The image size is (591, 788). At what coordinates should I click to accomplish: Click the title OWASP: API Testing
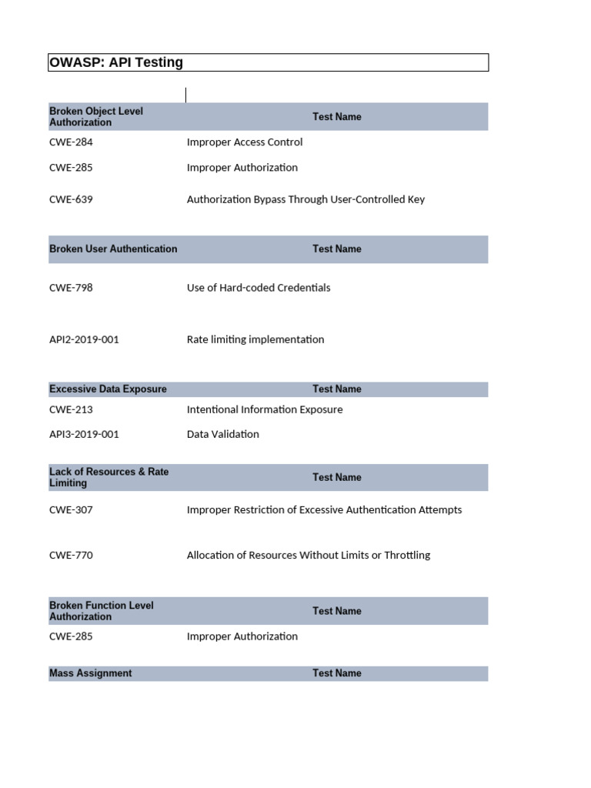pos(116,62)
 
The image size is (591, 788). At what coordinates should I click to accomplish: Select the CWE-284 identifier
pos(71,142)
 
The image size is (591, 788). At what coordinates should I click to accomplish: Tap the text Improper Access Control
pos(245,142)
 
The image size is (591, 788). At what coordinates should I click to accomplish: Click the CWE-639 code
pos(71,199)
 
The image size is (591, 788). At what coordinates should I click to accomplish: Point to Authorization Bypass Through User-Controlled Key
pos(306,199)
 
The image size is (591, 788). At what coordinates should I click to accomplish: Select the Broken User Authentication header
pos(113,249)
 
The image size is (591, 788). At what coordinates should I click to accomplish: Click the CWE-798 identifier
pos(71,288)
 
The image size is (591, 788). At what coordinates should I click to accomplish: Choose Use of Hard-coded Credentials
pos(259,288)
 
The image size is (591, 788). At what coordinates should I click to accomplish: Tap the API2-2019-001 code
pos(84,339)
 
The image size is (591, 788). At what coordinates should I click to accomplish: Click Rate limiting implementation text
pos(255,339)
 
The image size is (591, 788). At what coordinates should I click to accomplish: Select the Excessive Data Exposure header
pos(108,389)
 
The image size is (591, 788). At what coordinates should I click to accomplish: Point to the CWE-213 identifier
pos(71,410)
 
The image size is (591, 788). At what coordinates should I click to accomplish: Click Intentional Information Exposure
pos(265,410)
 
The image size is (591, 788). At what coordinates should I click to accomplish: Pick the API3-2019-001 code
pos(84,435)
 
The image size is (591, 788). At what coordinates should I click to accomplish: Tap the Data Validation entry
pos(223,435)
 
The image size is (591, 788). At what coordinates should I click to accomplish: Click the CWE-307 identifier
pos(71,510)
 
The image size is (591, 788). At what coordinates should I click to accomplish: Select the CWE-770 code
pos(71,556)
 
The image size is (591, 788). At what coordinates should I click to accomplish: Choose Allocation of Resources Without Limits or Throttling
pos(309,556)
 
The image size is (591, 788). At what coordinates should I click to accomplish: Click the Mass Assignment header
pos(90,673)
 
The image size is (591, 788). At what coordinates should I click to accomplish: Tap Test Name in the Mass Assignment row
pos(336,673)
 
